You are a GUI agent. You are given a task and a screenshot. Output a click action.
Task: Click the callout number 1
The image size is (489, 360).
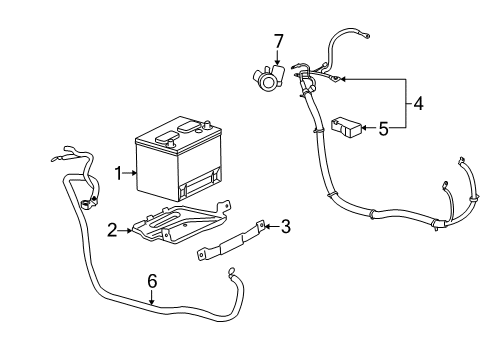(x=118, y=172)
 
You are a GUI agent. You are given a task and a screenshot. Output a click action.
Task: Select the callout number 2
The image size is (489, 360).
(x=112, y=229)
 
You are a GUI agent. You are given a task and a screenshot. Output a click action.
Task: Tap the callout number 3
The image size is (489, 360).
(x=285, y=227)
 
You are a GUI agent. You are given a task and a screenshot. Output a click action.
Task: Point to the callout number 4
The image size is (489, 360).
(x=418, y=104)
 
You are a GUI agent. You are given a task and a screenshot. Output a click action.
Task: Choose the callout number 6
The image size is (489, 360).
(x=152, y=282)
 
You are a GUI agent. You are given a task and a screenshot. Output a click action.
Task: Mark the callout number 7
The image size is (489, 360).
(x=278, y=40)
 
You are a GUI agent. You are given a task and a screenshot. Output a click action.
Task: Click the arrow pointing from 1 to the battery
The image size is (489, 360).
(x=130, y=172)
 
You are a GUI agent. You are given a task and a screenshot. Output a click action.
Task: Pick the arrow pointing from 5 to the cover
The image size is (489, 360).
(x=366, y=128)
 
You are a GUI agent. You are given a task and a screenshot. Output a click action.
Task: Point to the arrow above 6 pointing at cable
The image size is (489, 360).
(x=152, y=297)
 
